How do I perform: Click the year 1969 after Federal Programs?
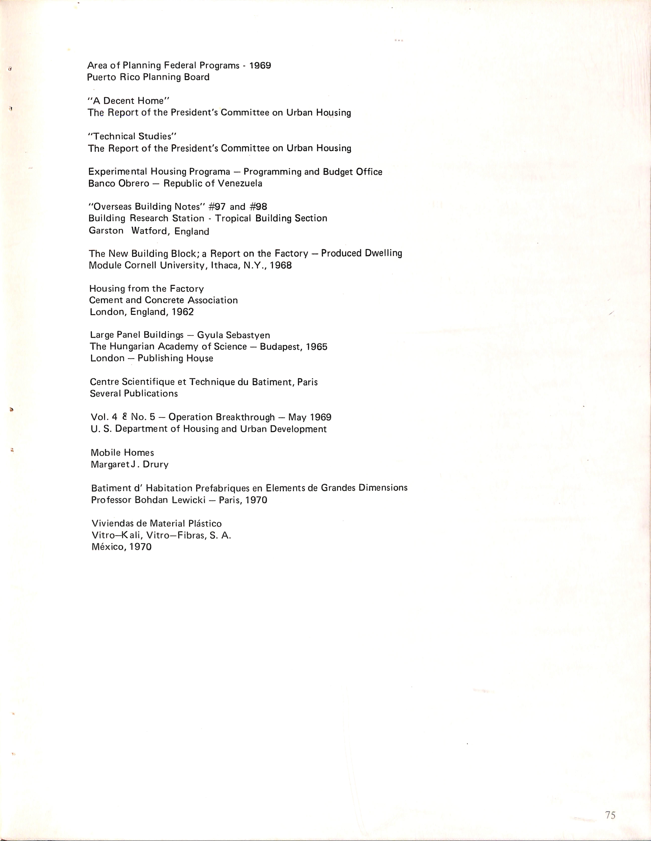tap(260, 65)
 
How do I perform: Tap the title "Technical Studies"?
tap(132, 136)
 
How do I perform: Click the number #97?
tap(217, 207)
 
